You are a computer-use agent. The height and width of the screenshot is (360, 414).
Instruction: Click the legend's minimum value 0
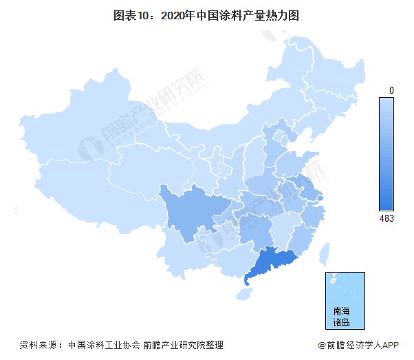pos(391,90)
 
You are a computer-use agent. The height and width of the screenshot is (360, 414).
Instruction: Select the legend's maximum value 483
pos(386,218)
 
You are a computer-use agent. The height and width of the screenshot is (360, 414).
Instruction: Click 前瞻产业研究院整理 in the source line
pos(184,345)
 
